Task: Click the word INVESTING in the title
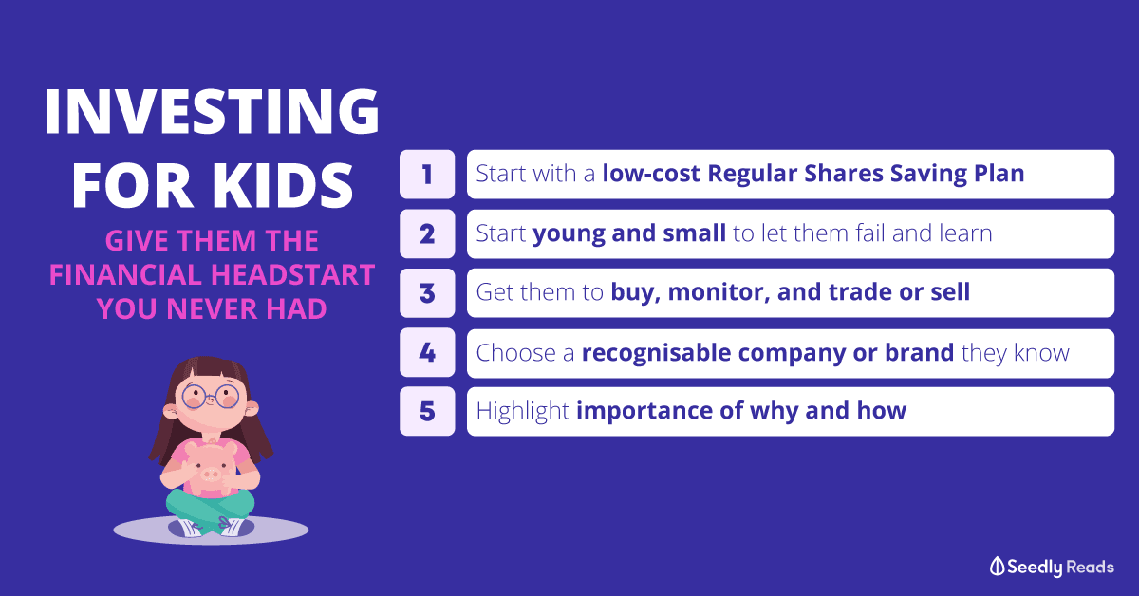point(212,111)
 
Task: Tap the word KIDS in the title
point(282,186)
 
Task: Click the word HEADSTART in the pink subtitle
point(293,274)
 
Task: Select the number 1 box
point(427,174)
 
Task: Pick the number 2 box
point(427,233)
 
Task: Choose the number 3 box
point(427,293)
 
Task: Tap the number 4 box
point(427,352)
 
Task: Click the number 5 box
point(427,411)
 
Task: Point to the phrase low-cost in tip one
point(651,174)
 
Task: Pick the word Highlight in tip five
point(523,411)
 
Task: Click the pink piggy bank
point(210,468)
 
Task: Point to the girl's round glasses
point(211,396)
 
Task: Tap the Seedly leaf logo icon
point(997,567)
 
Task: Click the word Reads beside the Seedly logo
point(1090,567)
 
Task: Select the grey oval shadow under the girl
point(211,531)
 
